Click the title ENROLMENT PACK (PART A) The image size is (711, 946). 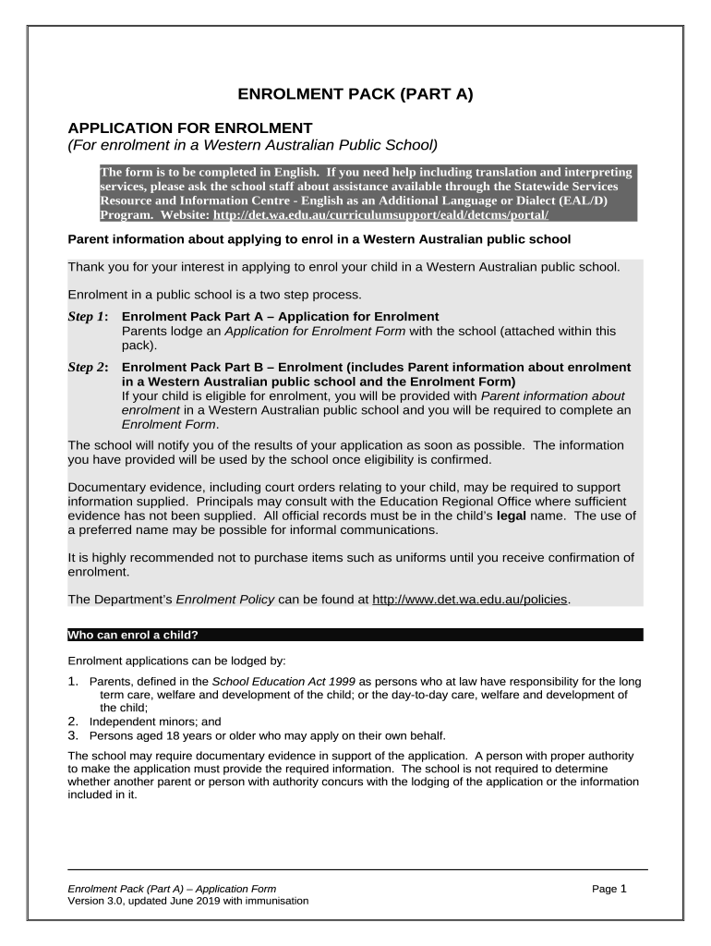[x=355, y=94]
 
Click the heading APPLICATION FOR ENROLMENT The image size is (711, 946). [x=191, y=127]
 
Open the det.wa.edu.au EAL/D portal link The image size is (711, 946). [x=380, y=214]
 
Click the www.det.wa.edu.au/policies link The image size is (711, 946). [x=471, y=600]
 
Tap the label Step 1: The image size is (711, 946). [x=89, y=317]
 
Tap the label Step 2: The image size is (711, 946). [x=89, y=367]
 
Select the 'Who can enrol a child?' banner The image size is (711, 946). [x=355, y=636]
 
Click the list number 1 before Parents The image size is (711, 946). [x=73, y=682]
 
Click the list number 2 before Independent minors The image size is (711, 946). [x=73, y=722]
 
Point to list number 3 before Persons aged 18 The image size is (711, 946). [x=73, y=735]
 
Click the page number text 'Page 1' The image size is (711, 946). [x=609, y=889]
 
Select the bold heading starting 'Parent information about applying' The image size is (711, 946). [x=319, y=239]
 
